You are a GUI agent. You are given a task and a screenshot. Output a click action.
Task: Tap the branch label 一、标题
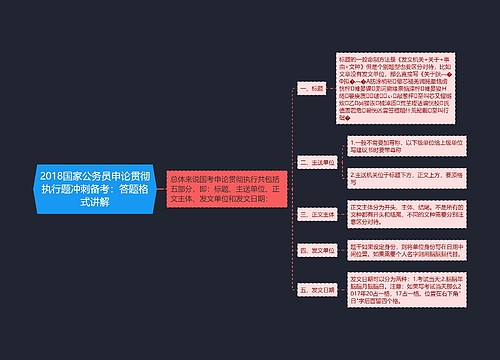(x=313, y=88)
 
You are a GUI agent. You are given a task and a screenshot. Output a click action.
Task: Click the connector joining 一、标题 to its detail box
(x=335, y=88)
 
